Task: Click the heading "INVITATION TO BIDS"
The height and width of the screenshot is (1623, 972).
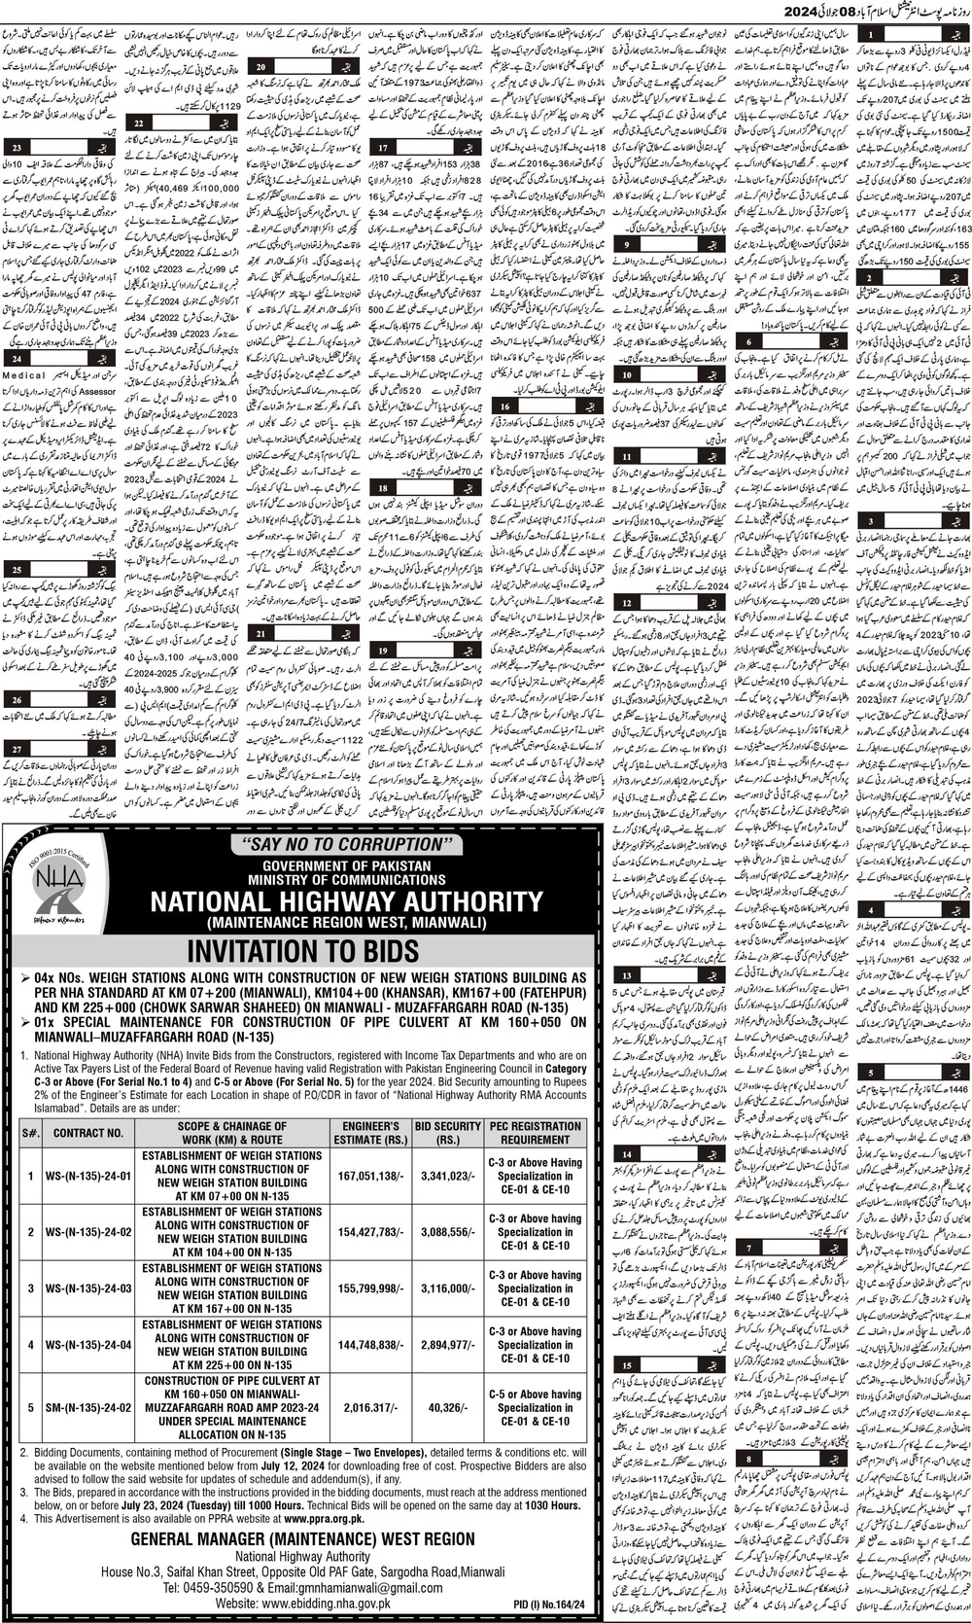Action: point(303,950)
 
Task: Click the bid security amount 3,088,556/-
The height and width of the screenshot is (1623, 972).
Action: point(446,1232)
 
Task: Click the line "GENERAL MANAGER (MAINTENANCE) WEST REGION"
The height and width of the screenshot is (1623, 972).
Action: point(302,1538)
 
